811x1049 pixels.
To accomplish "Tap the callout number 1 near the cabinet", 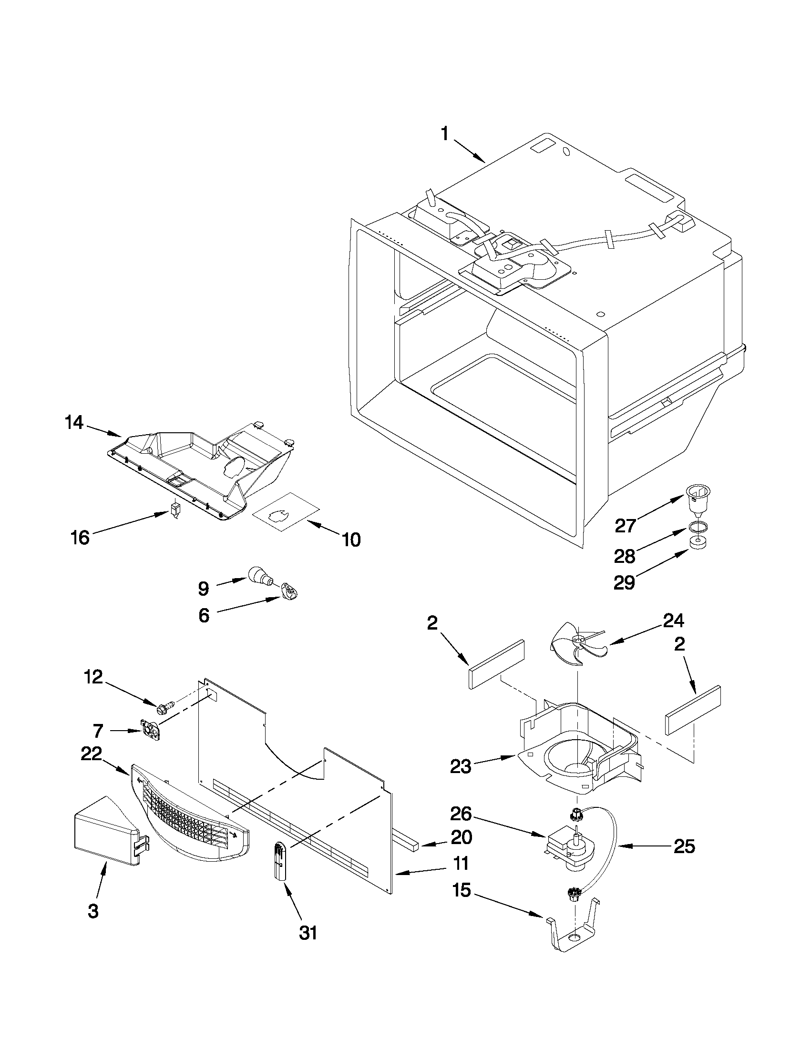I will [445, 133].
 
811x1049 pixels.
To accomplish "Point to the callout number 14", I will [74, 423].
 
